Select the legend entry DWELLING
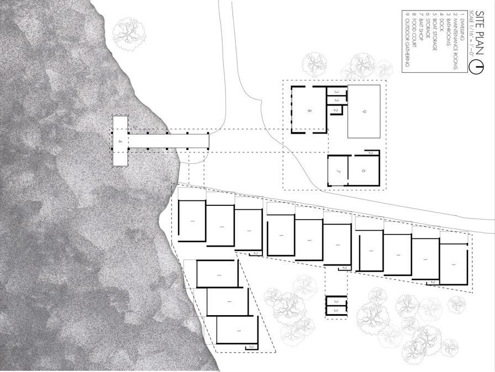(x=462, y=26)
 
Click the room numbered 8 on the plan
(x=309, y=110)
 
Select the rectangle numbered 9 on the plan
(x=364, y=111)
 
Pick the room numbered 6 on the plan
(x=364, y=171)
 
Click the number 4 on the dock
(x=120, y=141)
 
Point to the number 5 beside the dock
(x=133, y=126)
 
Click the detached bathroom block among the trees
(x=336, y=305)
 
